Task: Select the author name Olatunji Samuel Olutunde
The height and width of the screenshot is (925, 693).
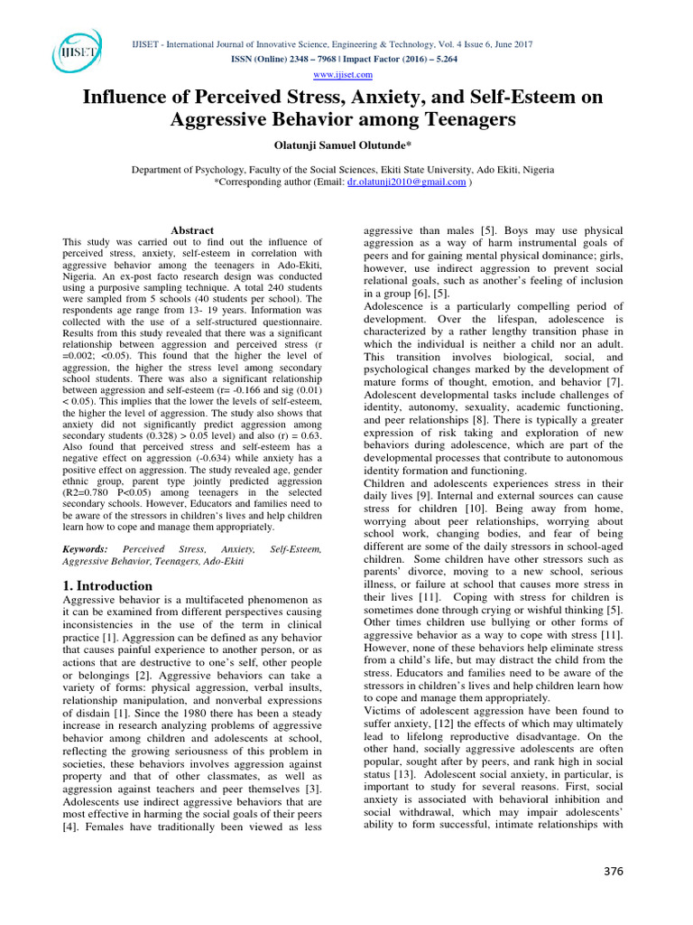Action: pyautogui.click(x=346, y=145)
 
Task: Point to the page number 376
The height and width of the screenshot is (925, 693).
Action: pyautogui.click(x=612, y=871)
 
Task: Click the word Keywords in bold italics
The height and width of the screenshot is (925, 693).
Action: pyautogui.click(x=84, y=549)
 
